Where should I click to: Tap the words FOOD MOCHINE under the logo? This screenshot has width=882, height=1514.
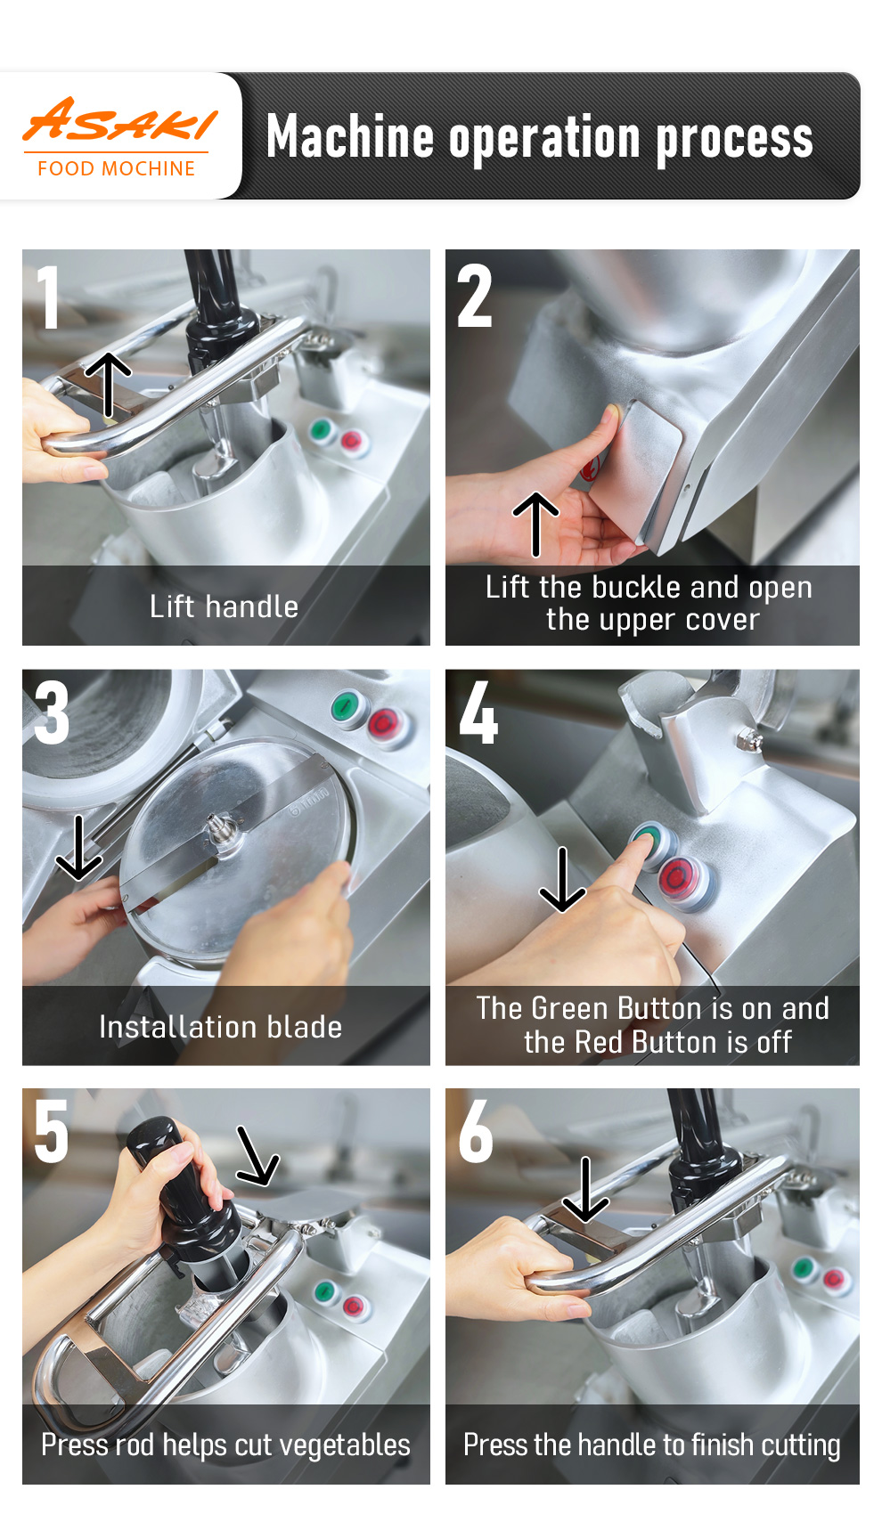tap(117, 168)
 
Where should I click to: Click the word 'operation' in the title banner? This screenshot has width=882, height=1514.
tap(544, 139)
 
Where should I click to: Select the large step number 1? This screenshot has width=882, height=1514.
tap(49, 297)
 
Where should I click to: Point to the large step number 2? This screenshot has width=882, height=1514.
tap(474, 296)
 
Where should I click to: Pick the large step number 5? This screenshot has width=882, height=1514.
tap(52, 1131)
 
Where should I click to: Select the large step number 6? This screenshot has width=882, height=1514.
tap(476, 1130)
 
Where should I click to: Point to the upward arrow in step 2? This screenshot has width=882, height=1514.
tap(535, 525)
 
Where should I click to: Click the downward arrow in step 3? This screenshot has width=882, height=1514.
tap(78, 848)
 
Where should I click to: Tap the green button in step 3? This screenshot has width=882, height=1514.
tap(347, 707)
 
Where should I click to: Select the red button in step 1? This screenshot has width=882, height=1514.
tap(353, 441)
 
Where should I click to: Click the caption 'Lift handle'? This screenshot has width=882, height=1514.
tap(224, 606)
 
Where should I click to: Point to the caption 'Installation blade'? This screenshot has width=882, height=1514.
tap(221, 1027)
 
